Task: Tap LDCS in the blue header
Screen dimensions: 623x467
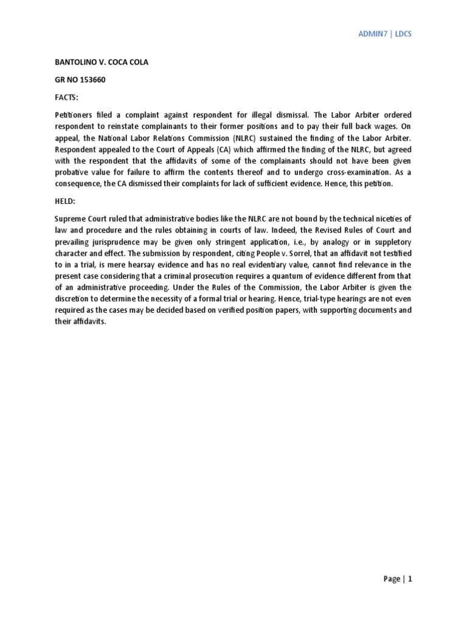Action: [x=403, y=34]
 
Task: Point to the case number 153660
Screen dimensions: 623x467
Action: [x=92, y=80]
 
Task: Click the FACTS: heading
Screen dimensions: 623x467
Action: [x=66, y=96]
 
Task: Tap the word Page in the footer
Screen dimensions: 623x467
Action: [x=392, y=579]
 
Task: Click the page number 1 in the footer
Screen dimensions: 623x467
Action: [x=410, y=579]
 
